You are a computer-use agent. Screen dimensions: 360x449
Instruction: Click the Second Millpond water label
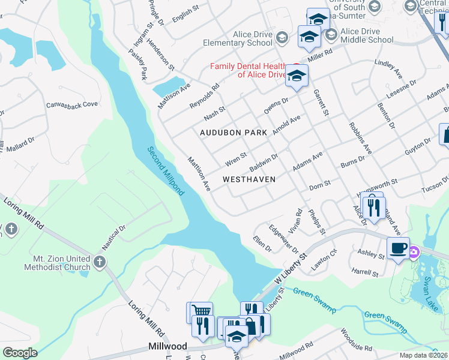pyautogui.click(x=165, y=171)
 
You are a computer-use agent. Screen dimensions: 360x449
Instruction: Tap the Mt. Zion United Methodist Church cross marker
pyautogui.click(x=100, y=262)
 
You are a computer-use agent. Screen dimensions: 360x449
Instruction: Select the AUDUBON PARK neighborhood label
pyautogui.click(x=233, y=133)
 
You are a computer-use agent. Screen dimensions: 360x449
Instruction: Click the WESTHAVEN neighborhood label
pyautogui.click(x=249, y=179)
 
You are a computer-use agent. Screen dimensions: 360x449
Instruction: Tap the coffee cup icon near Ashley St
pyautogui.click(x=398, y=248)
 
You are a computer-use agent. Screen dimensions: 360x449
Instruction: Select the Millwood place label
pyautogui.click(x=167, y=347)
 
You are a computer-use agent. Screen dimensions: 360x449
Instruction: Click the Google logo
pyautogui.click(x=19, y=352)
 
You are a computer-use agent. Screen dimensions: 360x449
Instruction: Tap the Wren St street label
pyautogui.click(x=235, y=159)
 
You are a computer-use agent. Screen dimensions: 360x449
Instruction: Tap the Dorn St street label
pyautogui.click(x=319, y=183)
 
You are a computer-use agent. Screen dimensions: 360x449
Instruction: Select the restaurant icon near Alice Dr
pyautogui.click(x=373, y=208)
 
